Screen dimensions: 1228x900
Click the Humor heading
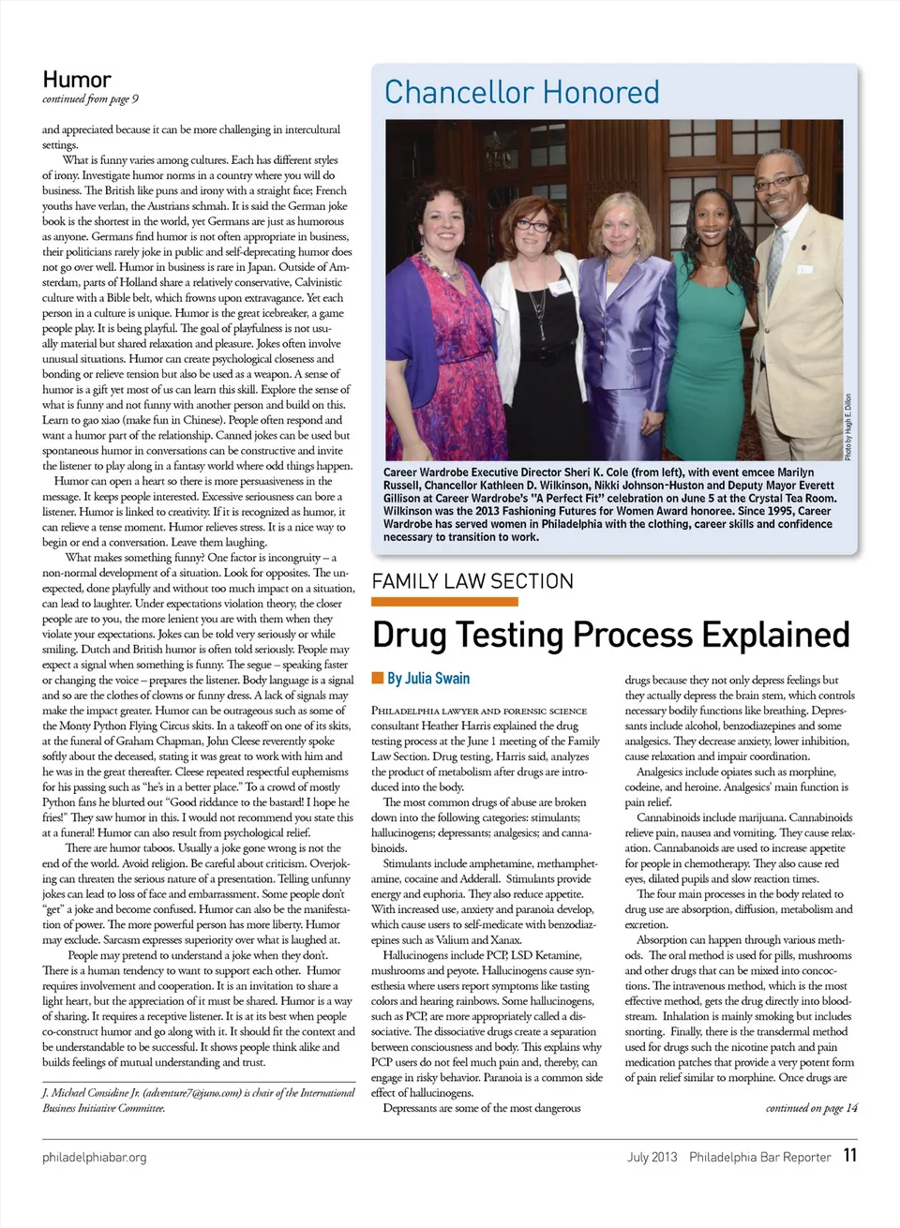(x=77, y=80)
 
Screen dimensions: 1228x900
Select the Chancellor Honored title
(x=521, y=93)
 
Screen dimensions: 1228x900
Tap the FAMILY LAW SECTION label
(x=472, y=581)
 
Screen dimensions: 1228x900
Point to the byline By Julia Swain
(x=428, y=678)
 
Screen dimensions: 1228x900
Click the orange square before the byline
(x=378, y=678)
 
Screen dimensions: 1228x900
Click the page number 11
(x=849, y=1155)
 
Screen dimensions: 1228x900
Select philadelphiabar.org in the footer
(x=95, y=1157)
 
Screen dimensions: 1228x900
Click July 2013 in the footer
(x=652, y=1157)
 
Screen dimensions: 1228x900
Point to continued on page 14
(x=811, y=1108)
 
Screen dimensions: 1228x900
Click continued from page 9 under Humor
(x=90, y=99)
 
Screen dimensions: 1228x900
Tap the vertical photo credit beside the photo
(x=847, y=427)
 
